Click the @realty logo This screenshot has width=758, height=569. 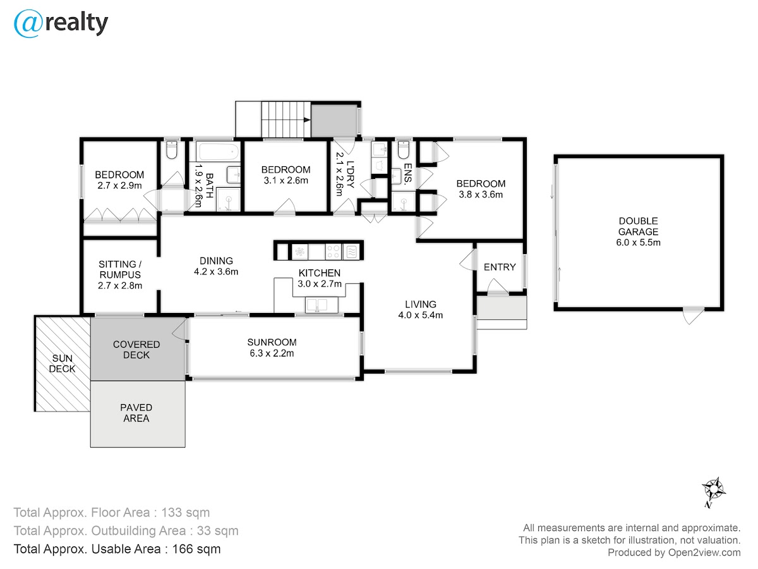tap(61, 23)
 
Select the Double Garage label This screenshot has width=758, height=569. tap(638, 231)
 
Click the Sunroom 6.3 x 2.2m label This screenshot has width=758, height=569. tap(272, 348)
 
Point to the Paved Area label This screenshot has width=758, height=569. tap(136, 413)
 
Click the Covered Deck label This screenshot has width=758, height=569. tap(136, 350)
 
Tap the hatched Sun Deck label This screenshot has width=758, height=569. tap(62, 364)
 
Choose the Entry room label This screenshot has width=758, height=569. tap(500, 267)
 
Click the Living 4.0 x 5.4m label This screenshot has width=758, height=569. tap(420, 310)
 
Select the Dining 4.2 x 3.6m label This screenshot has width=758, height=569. tap(216, 266)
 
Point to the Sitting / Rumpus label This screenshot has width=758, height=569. tap(120, 274)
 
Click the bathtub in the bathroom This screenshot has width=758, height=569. tap(218, 151)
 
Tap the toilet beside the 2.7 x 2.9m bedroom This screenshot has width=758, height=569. tap(172, 149)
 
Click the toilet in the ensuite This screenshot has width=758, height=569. tap(403, 149)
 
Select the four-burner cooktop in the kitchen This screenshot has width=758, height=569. tap(333, 252)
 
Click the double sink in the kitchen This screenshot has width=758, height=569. tap(322, 305)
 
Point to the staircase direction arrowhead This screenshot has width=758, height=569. tap(306, 120)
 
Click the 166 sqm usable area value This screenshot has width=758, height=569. tap(196, 549)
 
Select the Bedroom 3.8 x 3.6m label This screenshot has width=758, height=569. tap(481, 189)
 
